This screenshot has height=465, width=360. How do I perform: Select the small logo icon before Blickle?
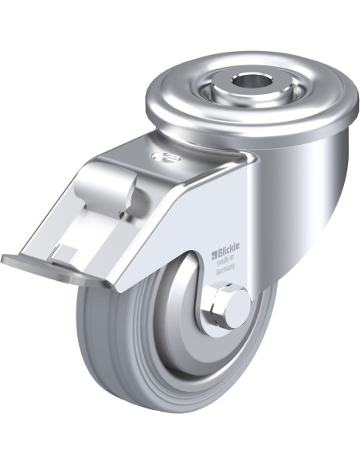pyautogui.click(x=214, y=254)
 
